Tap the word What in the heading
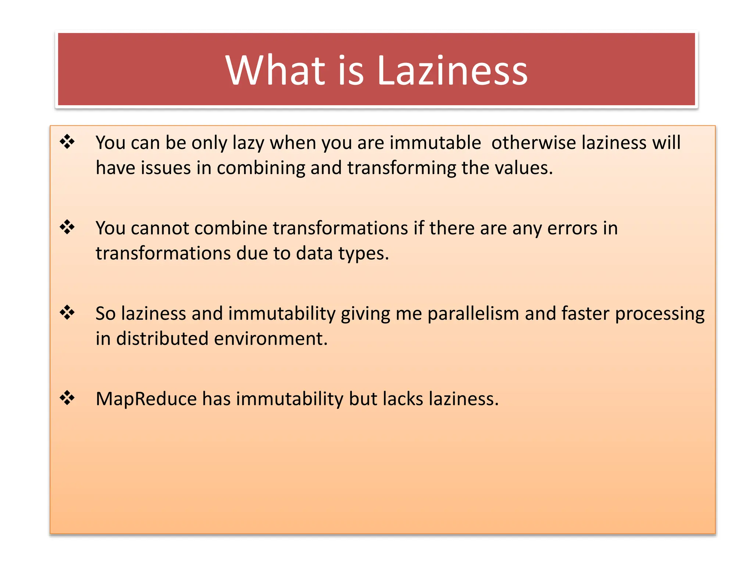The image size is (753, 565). point(276,70)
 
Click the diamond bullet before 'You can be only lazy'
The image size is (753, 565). point(67,142)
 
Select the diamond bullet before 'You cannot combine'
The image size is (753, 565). point(67,227)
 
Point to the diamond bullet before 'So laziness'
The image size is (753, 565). point(67,313)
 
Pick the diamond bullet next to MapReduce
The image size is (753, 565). point(67,398)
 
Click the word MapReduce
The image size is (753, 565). point(146,399)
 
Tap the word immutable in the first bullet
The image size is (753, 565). point(435,143)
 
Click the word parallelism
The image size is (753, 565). point(473,314)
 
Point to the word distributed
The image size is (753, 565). point(162,339)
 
